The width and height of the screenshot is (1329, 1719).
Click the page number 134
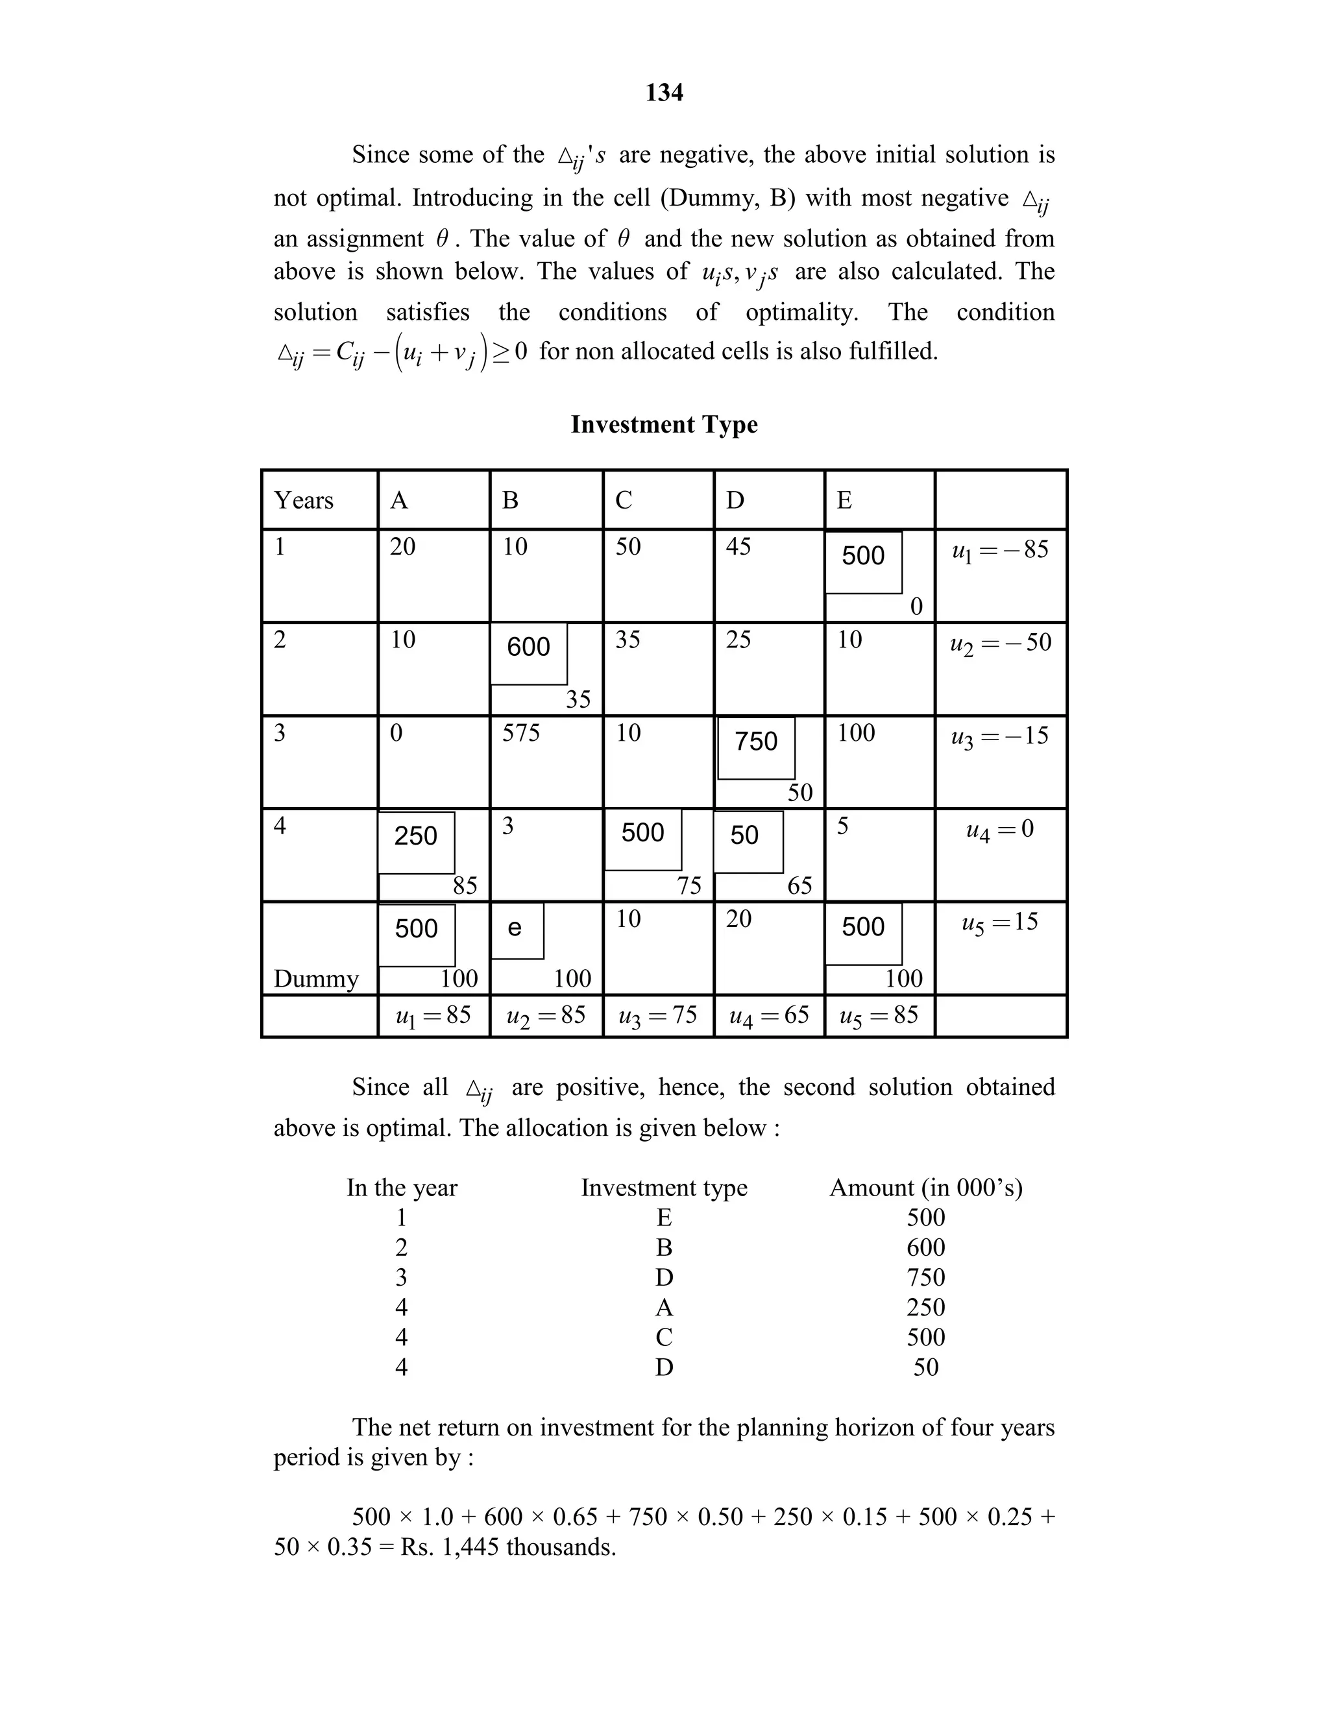[x=664, y=93]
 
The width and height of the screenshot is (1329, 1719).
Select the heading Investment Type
[x=664, y=425]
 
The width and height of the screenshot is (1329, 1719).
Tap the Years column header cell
[x=304, y=501]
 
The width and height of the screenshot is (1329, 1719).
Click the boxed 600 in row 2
[x=528, y=647]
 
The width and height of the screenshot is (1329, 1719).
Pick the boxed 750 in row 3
[x=756, y=741]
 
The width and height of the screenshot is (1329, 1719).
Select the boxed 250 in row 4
[x=416, y=836]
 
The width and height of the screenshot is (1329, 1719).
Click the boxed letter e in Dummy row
[x=515, y=928]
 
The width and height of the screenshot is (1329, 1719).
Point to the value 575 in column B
[x=521, y=734]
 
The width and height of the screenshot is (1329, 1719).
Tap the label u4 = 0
[x=999, y=829]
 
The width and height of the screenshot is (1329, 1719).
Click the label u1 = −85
[x=1000, y=550]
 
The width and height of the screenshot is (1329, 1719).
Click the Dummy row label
[x=316, y=978]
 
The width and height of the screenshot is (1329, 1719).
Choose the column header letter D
[x=735, y=501]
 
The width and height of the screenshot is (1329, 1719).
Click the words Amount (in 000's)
[x=926, y=1188]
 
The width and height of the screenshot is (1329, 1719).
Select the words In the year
[x=402, y=1188]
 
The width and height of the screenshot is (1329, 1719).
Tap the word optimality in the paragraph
[x=801, y=313]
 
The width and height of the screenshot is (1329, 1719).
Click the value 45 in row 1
[x=738, y=546]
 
